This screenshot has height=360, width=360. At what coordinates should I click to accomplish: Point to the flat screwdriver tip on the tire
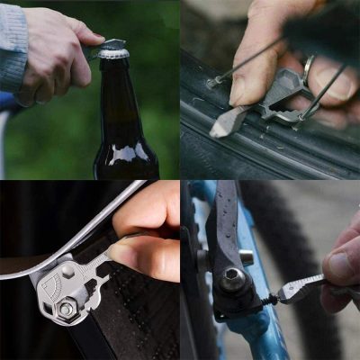tap(221, 126)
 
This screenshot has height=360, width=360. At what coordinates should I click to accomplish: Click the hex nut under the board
tap(67, 309)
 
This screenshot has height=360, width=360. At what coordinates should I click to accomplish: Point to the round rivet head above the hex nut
tap(68, 271)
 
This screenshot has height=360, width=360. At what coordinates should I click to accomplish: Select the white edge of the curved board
tap(90, 229)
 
